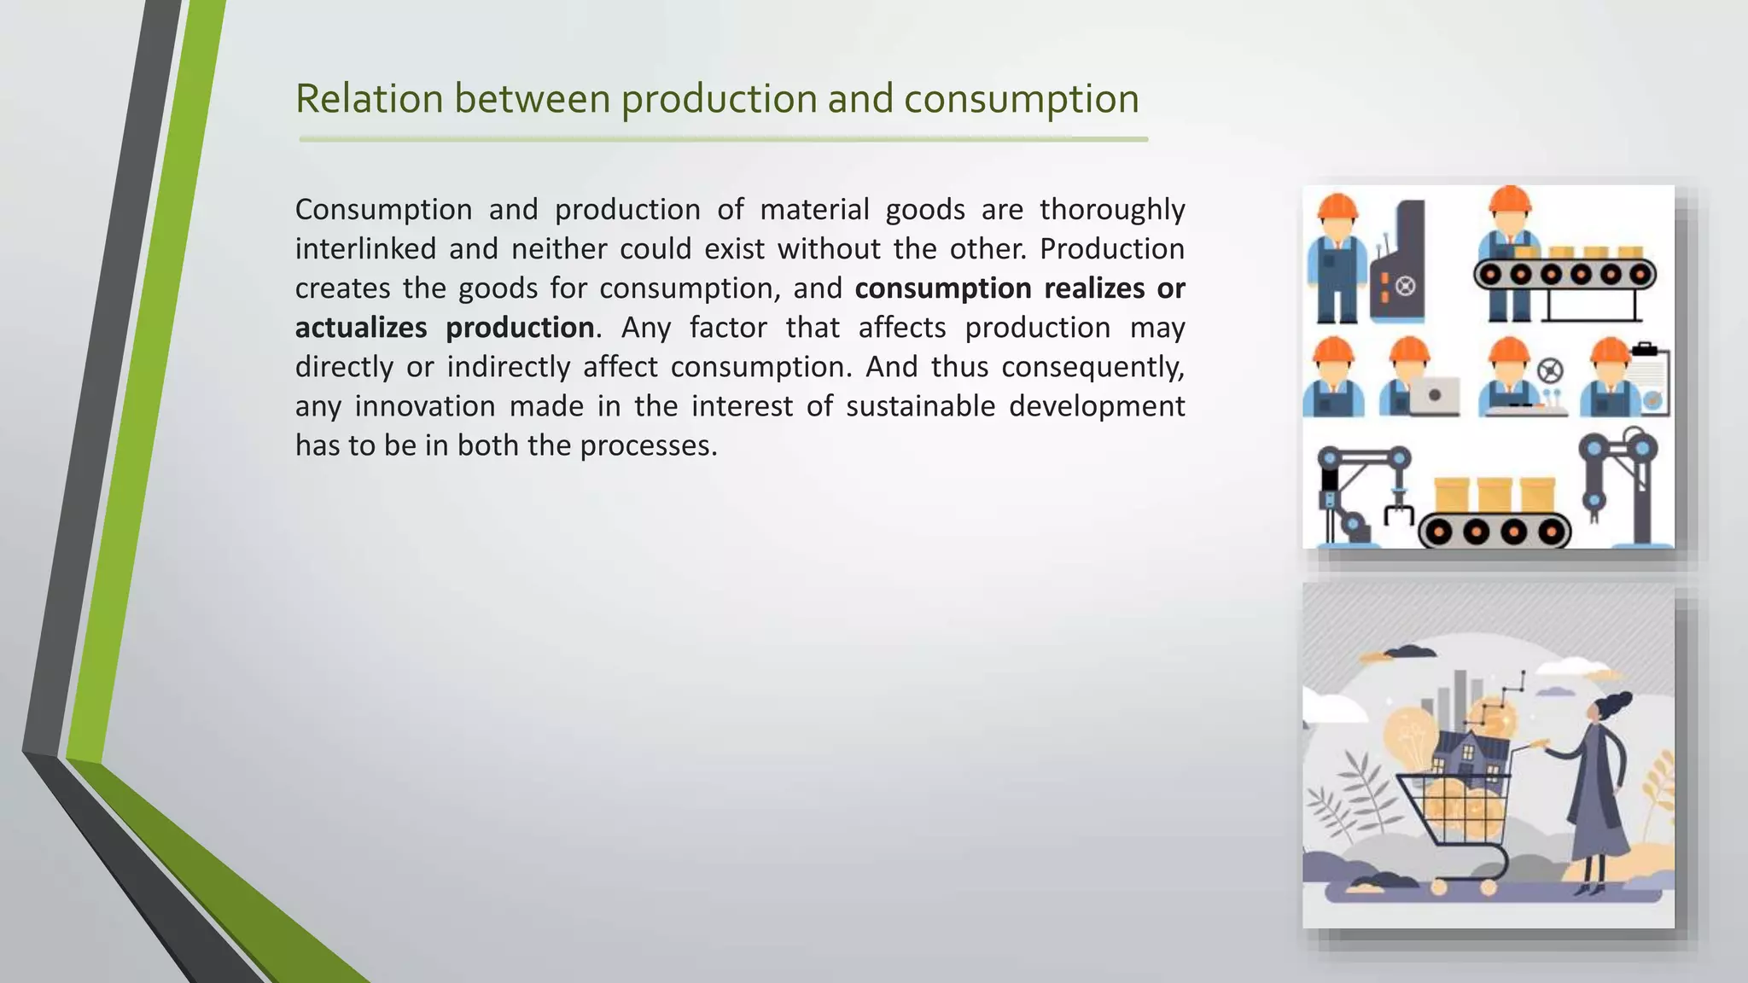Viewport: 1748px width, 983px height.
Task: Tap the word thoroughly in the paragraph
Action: tap(1112, 210)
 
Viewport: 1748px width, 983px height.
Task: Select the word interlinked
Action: tap(365, 249)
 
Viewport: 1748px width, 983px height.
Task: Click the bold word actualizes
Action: tap(361, 328)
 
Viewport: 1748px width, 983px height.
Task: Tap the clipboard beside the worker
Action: tap(1651, 381)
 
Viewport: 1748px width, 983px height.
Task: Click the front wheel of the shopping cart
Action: tap(1488, 887)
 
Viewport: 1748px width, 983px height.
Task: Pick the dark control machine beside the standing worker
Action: tap(1398, 265)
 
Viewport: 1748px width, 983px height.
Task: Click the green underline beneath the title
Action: tap(723, 139)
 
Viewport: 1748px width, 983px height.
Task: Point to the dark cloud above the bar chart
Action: tap(1407, 653)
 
